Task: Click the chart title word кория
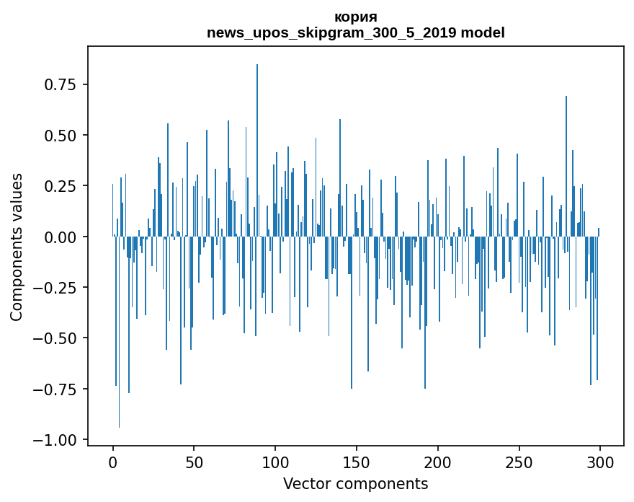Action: point(356,17)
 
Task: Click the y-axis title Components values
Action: point(17,247)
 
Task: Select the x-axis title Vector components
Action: point(355,484)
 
